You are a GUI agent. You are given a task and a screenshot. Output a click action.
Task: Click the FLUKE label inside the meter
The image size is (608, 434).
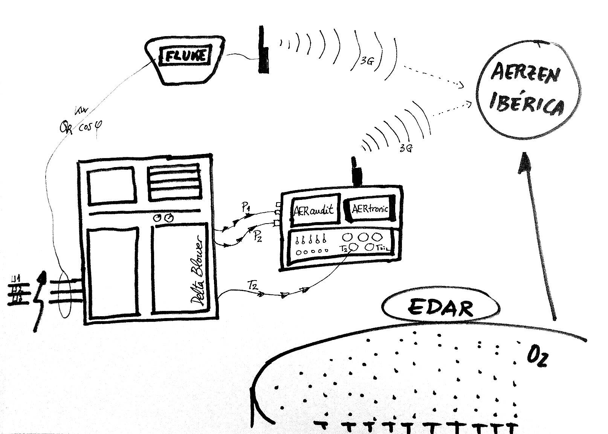(x=186, y=56)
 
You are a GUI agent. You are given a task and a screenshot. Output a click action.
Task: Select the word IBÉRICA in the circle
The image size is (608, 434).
(x=527, y=103)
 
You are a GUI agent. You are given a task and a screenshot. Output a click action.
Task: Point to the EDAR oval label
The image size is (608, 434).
(x=440, y=308)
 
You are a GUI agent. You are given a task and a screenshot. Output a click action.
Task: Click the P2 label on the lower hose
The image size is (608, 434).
(x=258, y=236)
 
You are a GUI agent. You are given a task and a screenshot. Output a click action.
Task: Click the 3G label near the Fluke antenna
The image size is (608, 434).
(x=366, y=61)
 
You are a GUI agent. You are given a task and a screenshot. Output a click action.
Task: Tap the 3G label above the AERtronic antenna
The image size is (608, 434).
(x=405, y=148)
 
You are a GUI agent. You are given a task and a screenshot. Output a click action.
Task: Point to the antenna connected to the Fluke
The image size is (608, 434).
(x=263, y=49)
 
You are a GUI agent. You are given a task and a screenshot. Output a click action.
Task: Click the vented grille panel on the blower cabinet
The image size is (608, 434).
(x=174, y=183)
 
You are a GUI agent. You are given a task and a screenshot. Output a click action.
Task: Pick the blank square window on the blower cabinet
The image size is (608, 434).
(x=111, y=186)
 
